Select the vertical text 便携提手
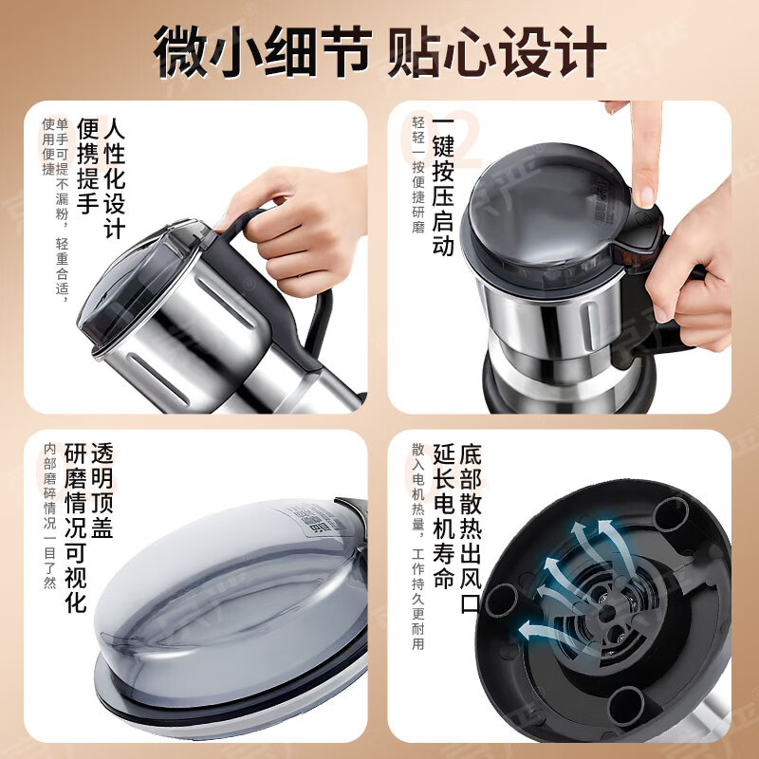tap(86, 166)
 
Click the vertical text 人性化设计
tap(114, 178)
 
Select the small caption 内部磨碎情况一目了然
tap(49, 516)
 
